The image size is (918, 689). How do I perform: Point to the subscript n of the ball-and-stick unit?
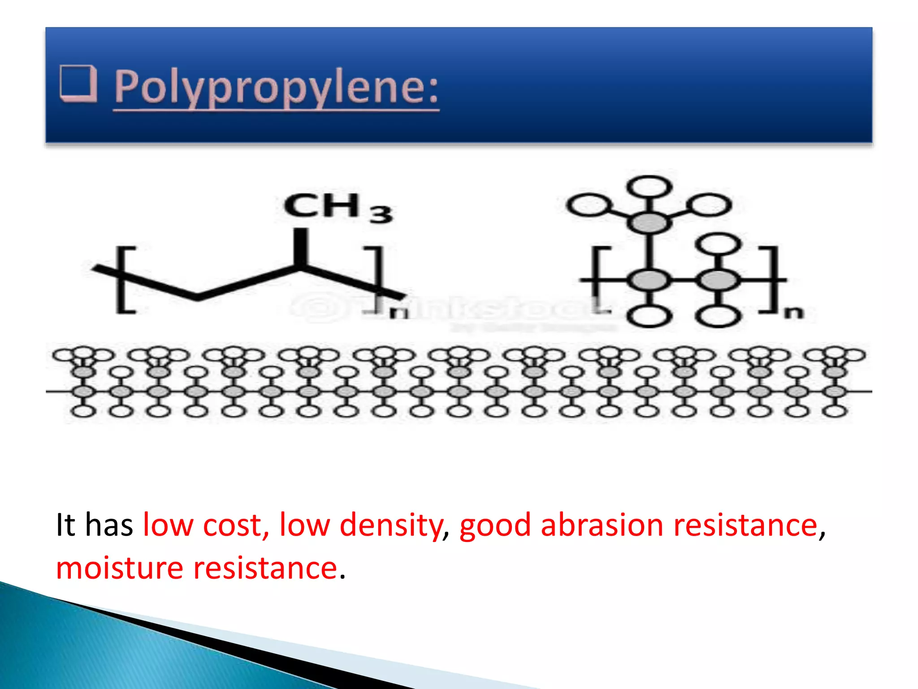coord(793,312)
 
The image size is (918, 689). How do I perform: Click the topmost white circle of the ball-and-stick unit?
coord(649,186)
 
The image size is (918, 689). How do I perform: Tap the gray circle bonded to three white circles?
coord(649,222)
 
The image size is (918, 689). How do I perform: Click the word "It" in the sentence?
coord(65,525)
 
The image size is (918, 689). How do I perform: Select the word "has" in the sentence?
coord(109,525)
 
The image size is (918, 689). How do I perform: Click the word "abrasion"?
coord(602,525)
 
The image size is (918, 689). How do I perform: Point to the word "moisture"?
coord(119,568)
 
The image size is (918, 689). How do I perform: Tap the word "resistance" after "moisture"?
coord(265,568)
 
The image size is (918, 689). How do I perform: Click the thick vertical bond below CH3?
coord(301,247)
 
